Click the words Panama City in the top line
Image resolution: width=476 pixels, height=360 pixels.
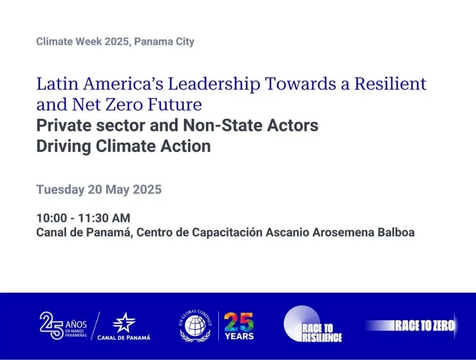coord(164,41)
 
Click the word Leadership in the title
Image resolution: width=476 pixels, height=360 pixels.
coord(214,84)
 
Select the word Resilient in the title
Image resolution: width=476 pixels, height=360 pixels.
coord(391,83)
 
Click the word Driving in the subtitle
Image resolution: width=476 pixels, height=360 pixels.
coord(64,146)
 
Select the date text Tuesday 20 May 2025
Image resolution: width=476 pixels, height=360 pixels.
coord(99,190)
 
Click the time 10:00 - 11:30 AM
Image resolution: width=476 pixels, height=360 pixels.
coord(83,218)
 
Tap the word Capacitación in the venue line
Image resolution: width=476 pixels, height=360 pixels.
coord(227,232)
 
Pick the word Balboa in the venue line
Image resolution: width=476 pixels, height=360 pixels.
coord(396,232)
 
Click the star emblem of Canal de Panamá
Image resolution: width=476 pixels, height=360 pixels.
coord(124,322)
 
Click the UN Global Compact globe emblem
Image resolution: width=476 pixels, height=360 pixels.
coord(195,326)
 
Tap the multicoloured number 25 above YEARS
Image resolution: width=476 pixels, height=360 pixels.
coord(239,322)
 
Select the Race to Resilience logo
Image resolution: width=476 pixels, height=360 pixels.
coord(313,324)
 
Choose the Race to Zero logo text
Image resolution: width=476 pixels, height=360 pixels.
coord(425,326)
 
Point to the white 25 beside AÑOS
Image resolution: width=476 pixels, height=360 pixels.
coord(51,326)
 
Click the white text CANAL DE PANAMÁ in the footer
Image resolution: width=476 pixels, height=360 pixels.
coord(124,338)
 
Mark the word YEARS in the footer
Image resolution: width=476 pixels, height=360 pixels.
coord(239,336)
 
